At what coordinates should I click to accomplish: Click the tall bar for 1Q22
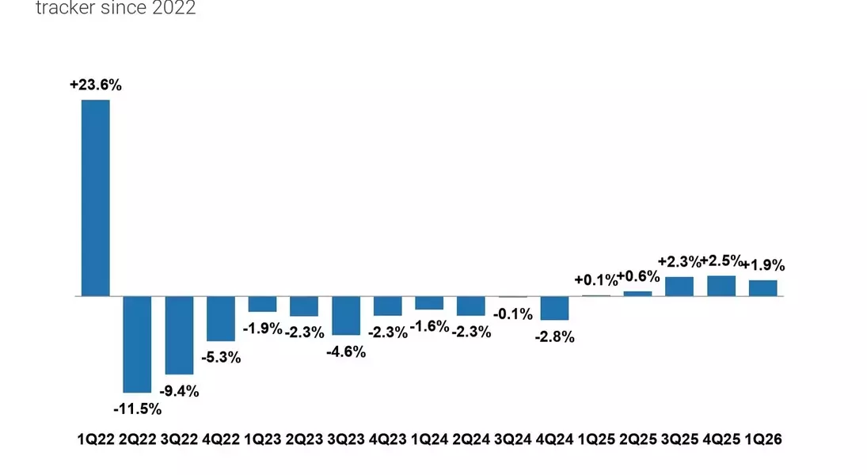[x=96, y=198]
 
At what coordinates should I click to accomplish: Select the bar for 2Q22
[x=137, y=344]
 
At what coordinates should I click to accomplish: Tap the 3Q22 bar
[x=179, y=335]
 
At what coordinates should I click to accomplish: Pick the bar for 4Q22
[x=221, y=318]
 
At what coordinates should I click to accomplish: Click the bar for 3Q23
[x=346, y=316]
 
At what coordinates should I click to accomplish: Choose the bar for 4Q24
[x=554, y=308]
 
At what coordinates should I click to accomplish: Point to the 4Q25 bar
[x=721, y=286]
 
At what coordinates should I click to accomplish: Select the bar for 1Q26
[x=763, y=288]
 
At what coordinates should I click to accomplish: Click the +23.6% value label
[x=96, y=85]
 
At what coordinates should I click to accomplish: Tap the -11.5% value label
[x=137, y=409]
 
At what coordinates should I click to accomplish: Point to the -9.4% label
[x=179, y=391]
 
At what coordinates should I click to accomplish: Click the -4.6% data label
[x=346, y=351]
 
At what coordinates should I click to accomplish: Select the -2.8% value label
[x=554, y=336]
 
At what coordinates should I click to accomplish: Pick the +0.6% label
[x=638, y=276]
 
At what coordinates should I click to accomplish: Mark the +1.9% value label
[x=763, y=265]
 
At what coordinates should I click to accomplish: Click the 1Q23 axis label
[x=263, y=439]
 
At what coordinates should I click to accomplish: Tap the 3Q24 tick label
[x=512, y=439]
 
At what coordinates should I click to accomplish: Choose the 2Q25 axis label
[x=638, y=439]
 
